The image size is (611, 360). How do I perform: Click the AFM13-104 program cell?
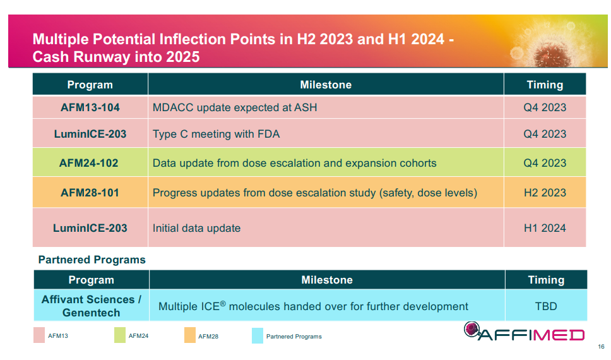(x=90, y=107)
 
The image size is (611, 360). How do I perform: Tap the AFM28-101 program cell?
(x=90, y=193)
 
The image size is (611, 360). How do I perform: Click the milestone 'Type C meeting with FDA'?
(x=216, y=134)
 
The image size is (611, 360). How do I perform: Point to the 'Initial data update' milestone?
(x=196, y=228)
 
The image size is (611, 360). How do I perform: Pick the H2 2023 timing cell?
(x=545, y=193)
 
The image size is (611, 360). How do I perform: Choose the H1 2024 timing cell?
(x=545, y=228)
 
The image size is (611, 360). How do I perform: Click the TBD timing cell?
(x=546, y=306)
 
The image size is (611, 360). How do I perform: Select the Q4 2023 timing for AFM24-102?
(x=545, y=163)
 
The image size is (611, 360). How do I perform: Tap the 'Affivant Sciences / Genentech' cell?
(x=91, y=306)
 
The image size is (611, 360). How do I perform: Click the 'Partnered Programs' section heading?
(x=92, y=260)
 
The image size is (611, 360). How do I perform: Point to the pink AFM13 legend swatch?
(x=39, y=335)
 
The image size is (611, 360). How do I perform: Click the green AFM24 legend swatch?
(x=120, y=335)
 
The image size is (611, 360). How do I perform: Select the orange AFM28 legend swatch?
(x=189, y=335)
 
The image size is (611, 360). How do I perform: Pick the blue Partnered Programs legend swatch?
(x=257, y=335)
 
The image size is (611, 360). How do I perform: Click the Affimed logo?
(x=524, y=332)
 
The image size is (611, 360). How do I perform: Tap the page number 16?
(x=600, y=347)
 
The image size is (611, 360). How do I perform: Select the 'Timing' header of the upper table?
(x=545, y=85)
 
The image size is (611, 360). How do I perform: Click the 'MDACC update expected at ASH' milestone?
(x=235, y=107)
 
